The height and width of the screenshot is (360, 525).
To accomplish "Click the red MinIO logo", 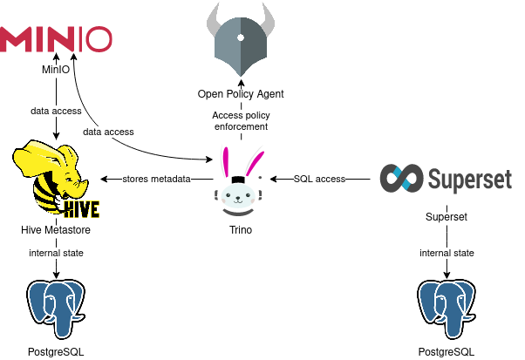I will coord(57,39).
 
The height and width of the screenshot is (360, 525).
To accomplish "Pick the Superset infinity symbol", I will coord(403,179).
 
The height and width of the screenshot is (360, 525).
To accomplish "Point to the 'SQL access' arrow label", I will coord(319,179).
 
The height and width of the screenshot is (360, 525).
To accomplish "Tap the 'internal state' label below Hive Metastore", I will coord(56,253).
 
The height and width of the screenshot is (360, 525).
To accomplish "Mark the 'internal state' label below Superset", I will coord(447,253).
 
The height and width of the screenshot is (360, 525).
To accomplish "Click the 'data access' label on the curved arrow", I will coord(108,132).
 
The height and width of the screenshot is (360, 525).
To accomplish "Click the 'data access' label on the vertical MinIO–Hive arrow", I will coord(56,112).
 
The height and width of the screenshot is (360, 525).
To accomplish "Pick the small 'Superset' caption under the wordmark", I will coord(447,216).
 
